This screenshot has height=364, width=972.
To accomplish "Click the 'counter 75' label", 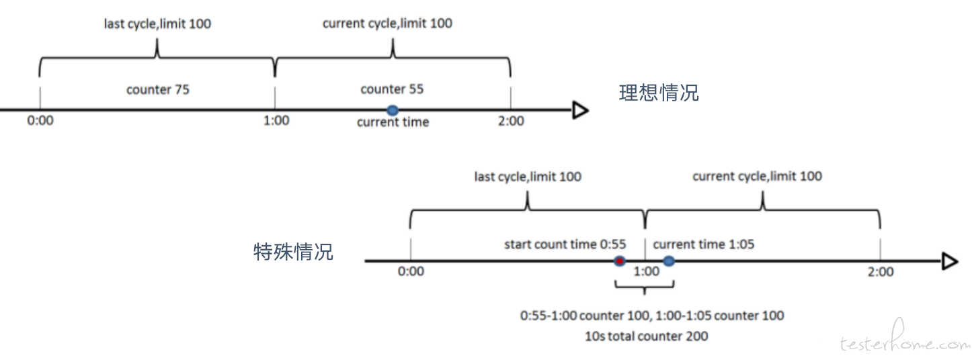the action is pyautogui.click(x=158, y=90).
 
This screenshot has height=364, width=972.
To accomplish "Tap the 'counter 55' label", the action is pyautogui.click(x=392, y=89).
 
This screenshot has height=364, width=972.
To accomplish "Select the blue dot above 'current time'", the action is pyautogui.click(x=393, y=111).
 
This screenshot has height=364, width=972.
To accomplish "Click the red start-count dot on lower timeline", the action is pyautogui.click(x=620, y=261).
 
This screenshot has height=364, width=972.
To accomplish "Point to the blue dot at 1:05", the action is pyautogui.click(x=669, y=261).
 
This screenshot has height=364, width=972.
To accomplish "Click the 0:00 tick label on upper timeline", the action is pyautogui.click(x=40, y=120).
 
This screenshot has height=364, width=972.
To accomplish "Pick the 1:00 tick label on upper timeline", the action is pyautogui.click(x=276, y=120).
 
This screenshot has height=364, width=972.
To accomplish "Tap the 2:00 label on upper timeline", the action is pyautogui.click(x=511, y=121).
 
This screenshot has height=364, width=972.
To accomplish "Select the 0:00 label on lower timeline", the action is pyautogui.click(x=411, y=272).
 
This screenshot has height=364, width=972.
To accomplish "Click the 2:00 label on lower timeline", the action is pyautogui.click(x=881, y=272).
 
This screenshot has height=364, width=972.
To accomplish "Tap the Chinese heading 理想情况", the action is pyautogui.click(x=659, y=93).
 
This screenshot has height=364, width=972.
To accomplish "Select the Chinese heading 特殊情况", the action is pyautogui.click(x=293, y=252).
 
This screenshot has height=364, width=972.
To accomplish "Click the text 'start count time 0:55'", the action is pyautogui.click(x=565, y=244).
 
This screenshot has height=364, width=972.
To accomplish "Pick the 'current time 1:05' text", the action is pyautogui.click(x=704, y=244).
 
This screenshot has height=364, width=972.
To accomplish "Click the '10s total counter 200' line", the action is pyautogui.click(x=647, y=336).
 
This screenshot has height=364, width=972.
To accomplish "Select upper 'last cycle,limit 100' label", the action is pyautogui.click(x=157, y=24).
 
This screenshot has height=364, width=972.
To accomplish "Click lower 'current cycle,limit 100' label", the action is pyautogui.click(x=757, y=177).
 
